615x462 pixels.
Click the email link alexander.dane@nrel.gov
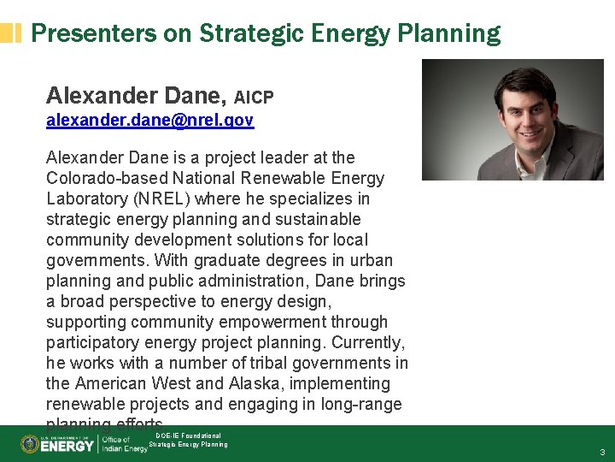(x=149, y=121)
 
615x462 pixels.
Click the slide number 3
(x=602, y=452)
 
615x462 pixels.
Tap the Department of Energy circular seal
(x=29, y=444)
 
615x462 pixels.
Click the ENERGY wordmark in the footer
(x=67, y=445)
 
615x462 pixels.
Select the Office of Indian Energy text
(x=125, y=444)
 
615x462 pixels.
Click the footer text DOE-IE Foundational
(x=188, y=435)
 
